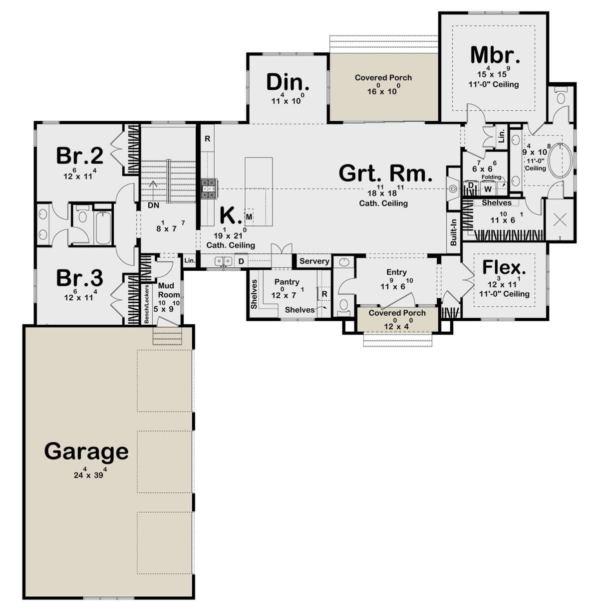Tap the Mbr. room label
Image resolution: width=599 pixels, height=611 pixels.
coord(495,55)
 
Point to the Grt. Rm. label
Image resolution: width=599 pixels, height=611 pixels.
coord(385,173)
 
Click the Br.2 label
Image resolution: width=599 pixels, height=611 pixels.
coord(80,156)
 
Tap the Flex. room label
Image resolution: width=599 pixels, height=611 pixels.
coord(504,267)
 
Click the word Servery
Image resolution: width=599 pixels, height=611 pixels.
coord(314,261)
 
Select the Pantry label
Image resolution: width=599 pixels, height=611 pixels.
coord(287,282)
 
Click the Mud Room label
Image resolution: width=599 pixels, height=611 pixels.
coord(169,290)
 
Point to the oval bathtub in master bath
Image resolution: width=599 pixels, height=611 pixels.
coord(561,161)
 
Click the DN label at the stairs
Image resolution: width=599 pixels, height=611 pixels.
coord(153,205)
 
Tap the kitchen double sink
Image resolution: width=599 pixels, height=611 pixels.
coord(224,261)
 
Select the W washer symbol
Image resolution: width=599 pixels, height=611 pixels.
coord(488,190)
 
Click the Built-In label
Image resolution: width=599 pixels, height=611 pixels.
coord(454,232)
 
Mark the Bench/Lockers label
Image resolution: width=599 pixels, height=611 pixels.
coord(146,304)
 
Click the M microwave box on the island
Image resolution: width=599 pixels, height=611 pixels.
coord(249,217)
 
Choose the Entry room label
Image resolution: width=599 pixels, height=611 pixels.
coord(396,272)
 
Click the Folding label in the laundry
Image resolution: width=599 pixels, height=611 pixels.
coord(491,177)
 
